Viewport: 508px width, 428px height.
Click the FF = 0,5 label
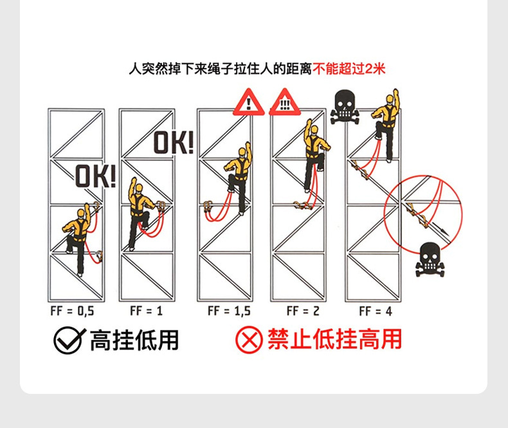tap(72, 312)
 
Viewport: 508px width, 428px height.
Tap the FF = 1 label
tap(146, 312)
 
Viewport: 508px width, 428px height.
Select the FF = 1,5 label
tap(229, 312)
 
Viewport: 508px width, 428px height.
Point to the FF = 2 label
tap(303, 312)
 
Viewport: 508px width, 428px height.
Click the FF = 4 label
tap(376, 312)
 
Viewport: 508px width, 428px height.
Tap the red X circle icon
tap(249, 340)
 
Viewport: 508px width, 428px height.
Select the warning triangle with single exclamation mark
tap(248, 103)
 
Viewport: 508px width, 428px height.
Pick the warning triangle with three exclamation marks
tap(284, 103)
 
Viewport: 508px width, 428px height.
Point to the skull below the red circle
tap(430, 259)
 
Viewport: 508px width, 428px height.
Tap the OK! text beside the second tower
tap(173, 142)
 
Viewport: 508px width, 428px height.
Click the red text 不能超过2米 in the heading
tap(349, 68)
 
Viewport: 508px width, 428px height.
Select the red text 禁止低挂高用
tap(335, 340)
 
